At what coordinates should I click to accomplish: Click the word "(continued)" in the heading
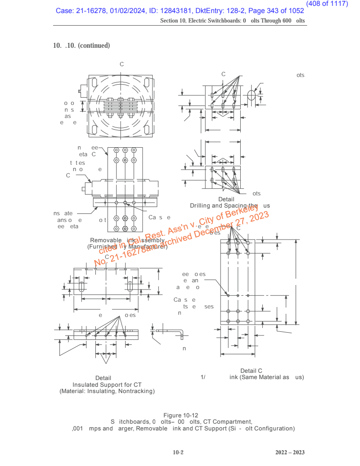pos(94,45)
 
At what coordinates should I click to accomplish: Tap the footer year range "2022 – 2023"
pos(290,452)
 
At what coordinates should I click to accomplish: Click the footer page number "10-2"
pos(179,452)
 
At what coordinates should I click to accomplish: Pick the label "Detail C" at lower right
pos(251,371)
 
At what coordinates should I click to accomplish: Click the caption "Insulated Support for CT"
pos(107,385)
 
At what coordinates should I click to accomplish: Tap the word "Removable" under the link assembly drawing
pos(104,240)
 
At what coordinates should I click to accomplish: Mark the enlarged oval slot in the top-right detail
pos(252,95)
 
